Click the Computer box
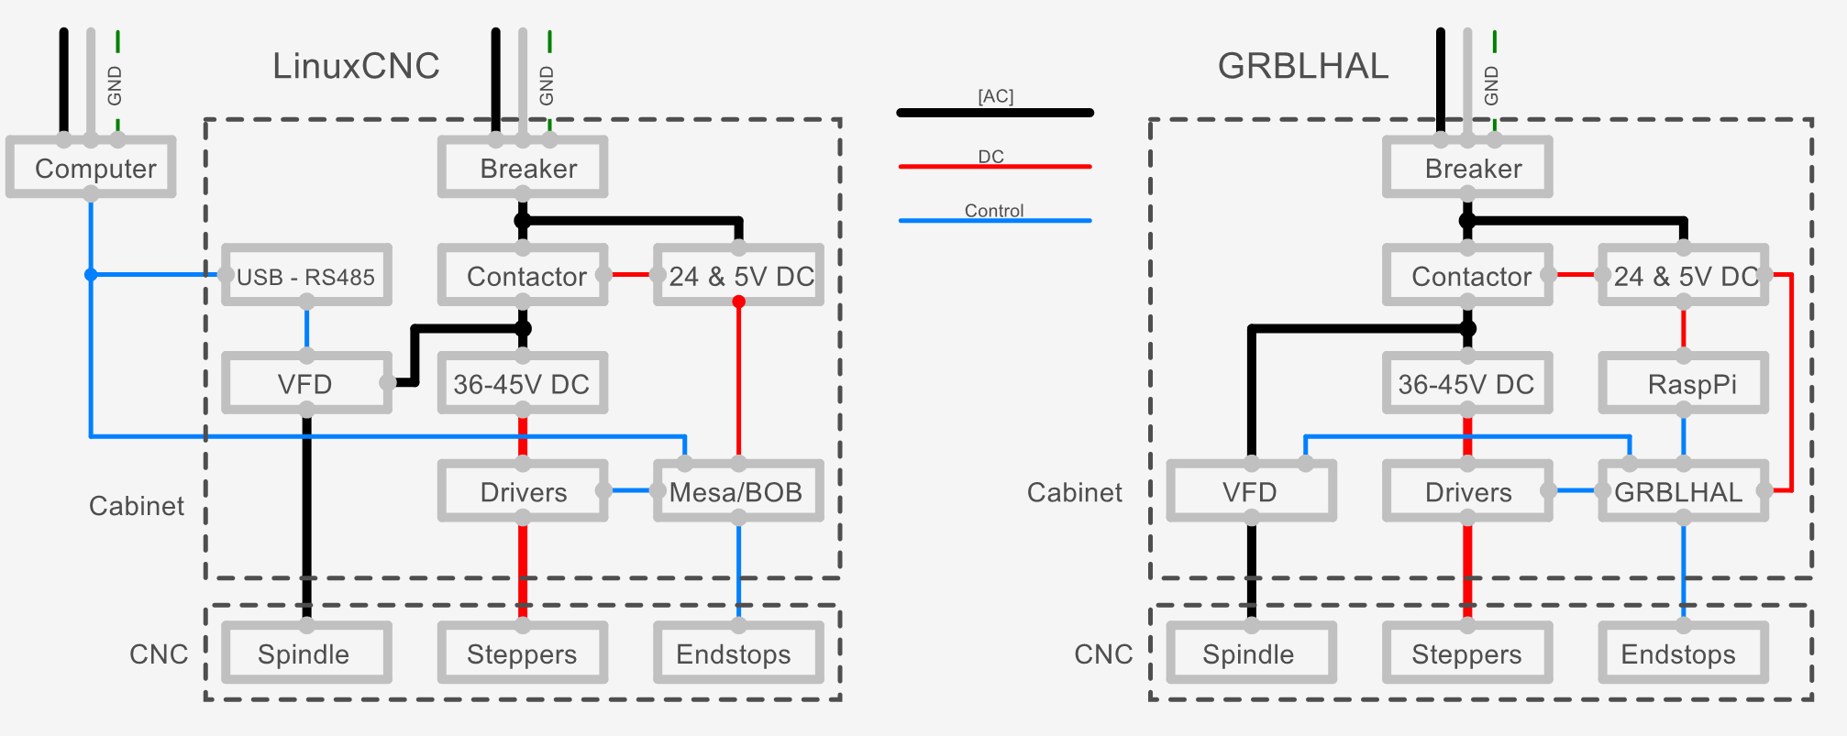91,168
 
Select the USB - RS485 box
306,276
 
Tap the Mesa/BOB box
737,492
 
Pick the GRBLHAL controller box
1683,492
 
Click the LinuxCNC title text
356,66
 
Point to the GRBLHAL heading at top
1302,66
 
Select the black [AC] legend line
995,113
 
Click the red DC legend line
995,167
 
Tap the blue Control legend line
995,221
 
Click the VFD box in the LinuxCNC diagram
306,384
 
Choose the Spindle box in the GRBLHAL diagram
1251,654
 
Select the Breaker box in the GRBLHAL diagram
1467,168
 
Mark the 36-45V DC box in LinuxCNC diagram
522,384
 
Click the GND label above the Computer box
115,85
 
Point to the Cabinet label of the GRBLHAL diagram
1074,493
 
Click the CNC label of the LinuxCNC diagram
159,654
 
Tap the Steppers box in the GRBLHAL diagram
1467,654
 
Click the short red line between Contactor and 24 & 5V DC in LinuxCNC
630,274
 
